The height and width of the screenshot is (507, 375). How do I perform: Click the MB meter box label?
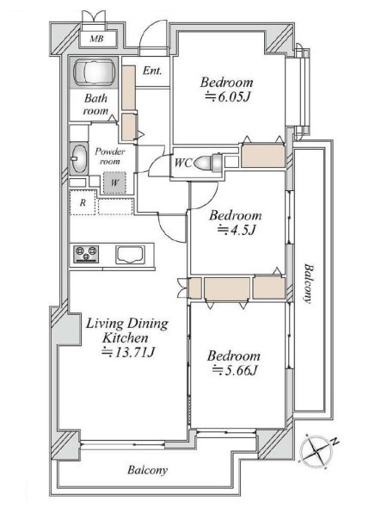click(x=96, y=39)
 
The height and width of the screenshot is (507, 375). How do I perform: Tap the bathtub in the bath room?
click(x=95, y=73)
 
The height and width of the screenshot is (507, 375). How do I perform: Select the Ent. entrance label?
click(x=152, y=71)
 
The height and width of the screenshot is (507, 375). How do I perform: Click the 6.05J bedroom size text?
click(x=228, y=96)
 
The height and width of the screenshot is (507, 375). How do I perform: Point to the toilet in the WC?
click(x=208, y=162)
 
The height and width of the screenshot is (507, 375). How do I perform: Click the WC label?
click(x=183, y=163)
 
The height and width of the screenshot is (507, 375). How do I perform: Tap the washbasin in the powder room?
click(x=78, y=158)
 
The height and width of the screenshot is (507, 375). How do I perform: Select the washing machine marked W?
click(x=114, y=182)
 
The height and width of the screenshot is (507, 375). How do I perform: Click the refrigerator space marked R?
click(x=83, y=203)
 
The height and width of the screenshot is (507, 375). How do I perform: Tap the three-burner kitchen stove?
click(x=86, y=254)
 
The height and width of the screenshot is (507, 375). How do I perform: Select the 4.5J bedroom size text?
click(x=237, y=230)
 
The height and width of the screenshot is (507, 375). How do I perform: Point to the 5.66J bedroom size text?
click(x=235, y=370)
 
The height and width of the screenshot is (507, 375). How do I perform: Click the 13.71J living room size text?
click(x=128, y=352)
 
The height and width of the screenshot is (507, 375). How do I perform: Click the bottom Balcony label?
click(x=147, y=470)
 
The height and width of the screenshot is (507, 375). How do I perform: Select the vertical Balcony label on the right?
click(x=309, y=283)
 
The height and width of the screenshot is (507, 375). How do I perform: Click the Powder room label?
click(x=110, y=156)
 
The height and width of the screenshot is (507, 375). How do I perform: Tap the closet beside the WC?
click(x=263, y=156)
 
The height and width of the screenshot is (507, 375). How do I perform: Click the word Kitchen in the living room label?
click(x=126, y=338)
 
